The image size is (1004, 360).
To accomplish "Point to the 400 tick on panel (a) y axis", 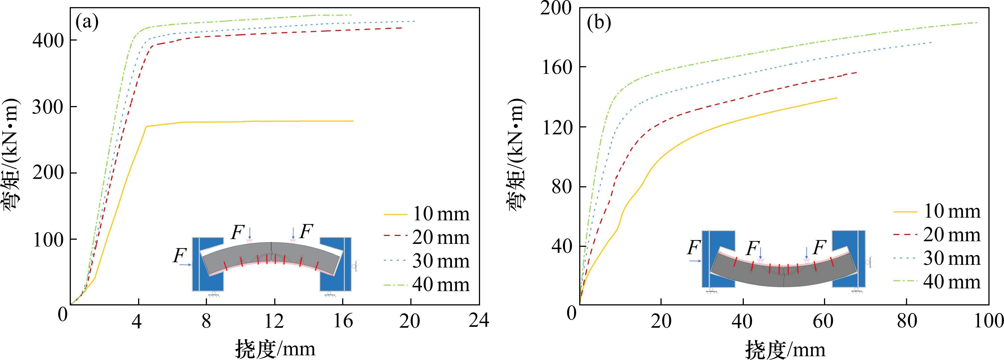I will click(x=48, y=41).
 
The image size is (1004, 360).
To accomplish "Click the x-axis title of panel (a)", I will click(x=274, y=348).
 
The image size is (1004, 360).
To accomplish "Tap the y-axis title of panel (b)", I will click(x=517, y=156).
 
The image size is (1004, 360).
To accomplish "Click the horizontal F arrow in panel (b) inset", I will click(x=695, y=261).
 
